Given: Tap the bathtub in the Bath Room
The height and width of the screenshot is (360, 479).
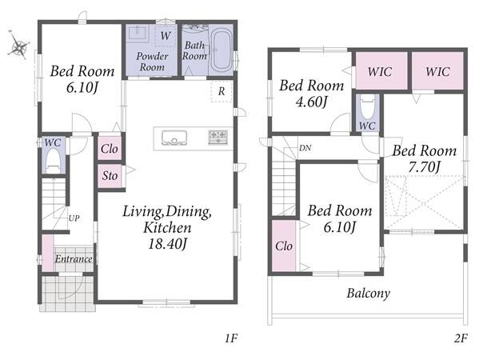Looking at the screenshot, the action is pyautogui.click(x=222, y=51).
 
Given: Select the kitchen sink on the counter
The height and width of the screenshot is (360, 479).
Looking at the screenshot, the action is pyautogui.click(x=174, y=138).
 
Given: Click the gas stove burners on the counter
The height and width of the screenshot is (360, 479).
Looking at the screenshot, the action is pyautogui.click(x=218, y=137).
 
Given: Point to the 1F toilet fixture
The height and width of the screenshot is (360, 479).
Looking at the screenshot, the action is pyautogui.click(x=54, y=161).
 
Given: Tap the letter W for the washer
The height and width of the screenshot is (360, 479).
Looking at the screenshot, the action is pyautogui.click(x=166, y=36).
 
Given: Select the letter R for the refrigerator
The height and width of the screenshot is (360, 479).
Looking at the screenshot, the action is pyautogui.click(x=222, y=91).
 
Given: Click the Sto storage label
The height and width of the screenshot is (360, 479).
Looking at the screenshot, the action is pyautogui.click(x=110, y=176).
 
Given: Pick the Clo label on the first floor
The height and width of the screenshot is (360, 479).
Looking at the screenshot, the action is pyautogui.click(x=110, y=149).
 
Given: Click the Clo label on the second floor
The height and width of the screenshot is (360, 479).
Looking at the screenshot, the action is pyautogui.click(x=284, y=246).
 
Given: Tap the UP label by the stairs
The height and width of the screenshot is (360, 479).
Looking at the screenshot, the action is pyautogui.click(x=74, y=218).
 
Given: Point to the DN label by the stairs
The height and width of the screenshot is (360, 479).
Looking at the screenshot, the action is pyautogui.click(x=305, y=148).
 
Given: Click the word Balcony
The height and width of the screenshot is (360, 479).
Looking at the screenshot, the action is pyautogui.click(x=369, y=293).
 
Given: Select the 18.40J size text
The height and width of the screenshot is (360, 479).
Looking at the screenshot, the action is pyautogui.click(x=167, y=244).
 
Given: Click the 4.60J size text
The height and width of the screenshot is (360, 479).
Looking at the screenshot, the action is pyautogui.click(x=312, y=102).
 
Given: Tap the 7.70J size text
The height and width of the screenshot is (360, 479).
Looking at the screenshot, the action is pyautogui.click(x=425, y=167).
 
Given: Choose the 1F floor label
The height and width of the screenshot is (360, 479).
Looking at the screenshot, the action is pyautogui.click(x=231, y=338).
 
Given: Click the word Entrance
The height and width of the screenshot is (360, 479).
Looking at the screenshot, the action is pyautogui.click(x=74, y=259).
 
